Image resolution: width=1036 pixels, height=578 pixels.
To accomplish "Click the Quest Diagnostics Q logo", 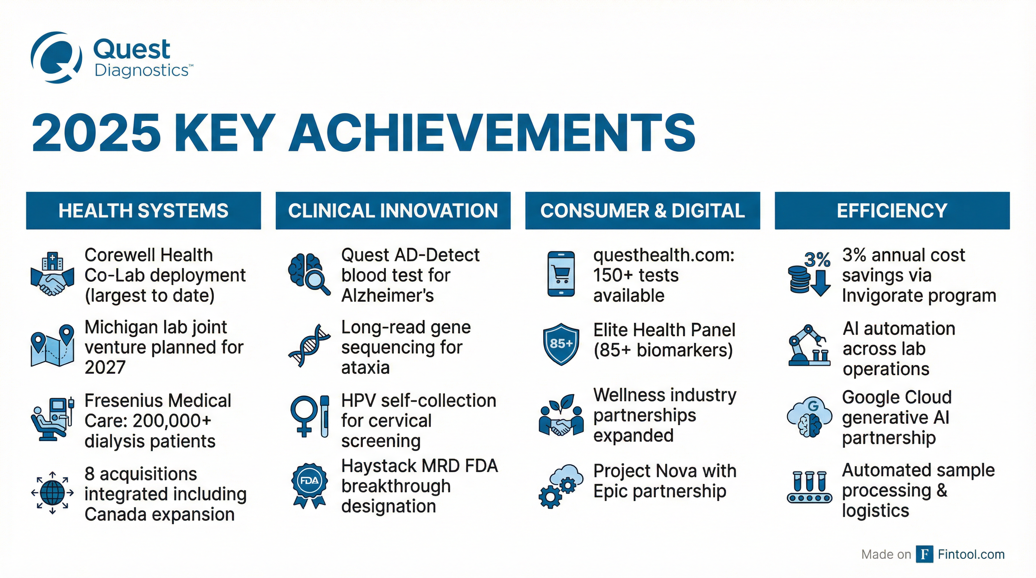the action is pos(56,58).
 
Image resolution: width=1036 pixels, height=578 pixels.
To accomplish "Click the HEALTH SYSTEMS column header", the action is pos(143,211).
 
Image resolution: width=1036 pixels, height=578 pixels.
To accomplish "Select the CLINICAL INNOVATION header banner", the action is pos(393,211).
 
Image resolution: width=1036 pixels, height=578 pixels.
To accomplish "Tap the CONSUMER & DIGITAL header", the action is pos(643,211).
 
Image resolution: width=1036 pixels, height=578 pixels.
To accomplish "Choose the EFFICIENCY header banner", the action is pos(892,211).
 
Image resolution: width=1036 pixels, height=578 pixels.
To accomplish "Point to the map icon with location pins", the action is pos(52,346).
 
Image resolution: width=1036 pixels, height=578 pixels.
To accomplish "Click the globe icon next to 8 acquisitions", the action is pos(52,493).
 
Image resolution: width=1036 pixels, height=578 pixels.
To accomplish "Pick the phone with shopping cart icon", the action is pos(561,274).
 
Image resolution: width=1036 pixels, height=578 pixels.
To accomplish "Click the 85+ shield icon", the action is pos(561,344).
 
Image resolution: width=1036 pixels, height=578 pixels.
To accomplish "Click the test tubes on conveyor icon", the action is pos(809,487).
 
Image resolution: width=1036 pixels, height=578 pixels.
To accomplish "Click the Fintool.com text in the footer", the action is pos(971,554).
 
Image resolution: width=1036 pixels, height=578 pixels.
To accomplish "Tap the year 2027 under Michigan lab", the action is pos(105,367).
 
